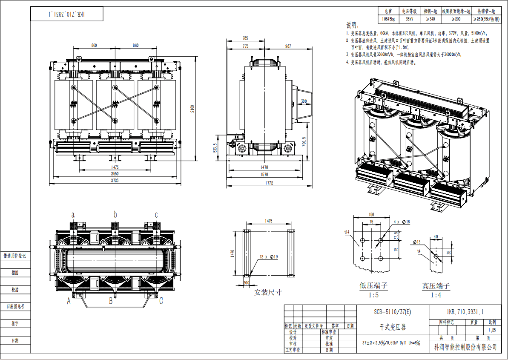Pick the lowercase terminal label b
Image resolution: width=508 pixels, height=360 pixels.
115,214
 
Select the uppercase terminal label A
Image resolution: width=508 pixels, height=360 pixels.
68,301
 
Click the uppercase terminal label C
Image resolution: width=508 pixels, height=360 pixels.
161,301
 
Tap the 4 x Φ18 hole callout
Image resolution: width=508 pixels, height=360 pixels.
402,222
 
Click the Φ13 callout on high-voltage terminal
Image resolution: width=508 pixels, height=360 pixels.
416,242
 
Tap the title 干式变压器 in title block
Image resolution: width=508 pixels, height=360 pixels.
393,328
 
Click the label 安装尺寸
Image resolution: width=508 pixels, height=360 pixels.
268,293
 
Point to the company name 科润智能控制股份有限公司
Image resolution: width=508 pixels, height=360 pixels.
465,347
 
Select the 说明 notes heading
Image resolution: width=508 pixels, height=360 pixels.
353,25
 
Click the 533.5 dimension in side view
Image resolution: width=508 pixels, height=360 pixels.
215,147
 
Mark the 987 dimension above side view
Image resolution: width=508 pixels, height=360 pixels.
288,46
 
